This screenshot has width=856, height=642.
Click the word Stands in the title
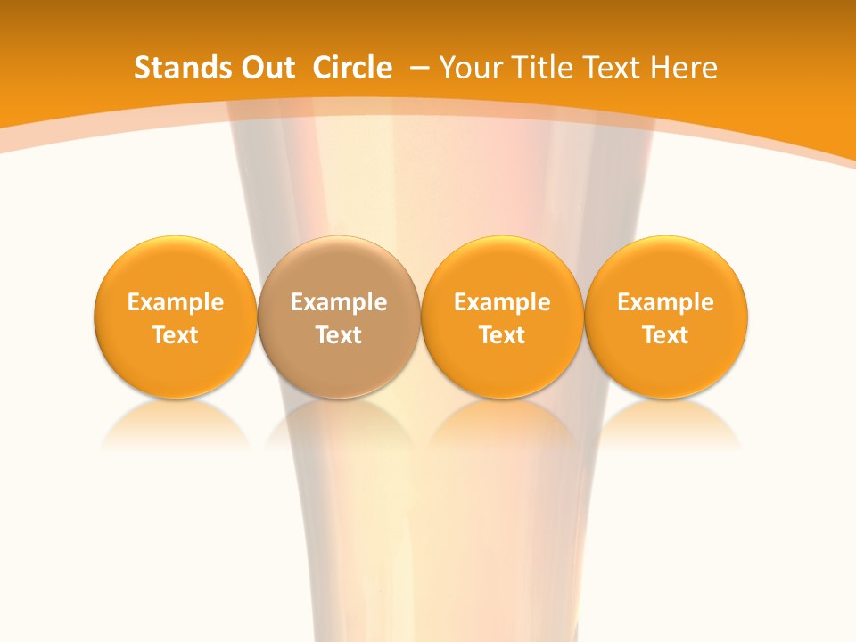177,68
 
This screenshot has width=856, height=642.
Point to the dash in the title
420,68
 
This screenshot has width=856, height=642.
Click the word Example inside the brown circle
339,302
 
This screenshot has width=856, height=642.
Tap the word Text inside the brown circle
339,335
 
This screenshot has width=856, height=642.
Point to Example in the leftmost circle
176,302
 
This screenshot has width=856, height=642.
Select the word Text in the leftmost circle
176,335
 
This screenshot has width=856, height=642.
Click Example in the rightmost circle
666,302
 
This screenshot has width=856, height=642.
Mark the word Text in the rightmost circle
666,335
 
